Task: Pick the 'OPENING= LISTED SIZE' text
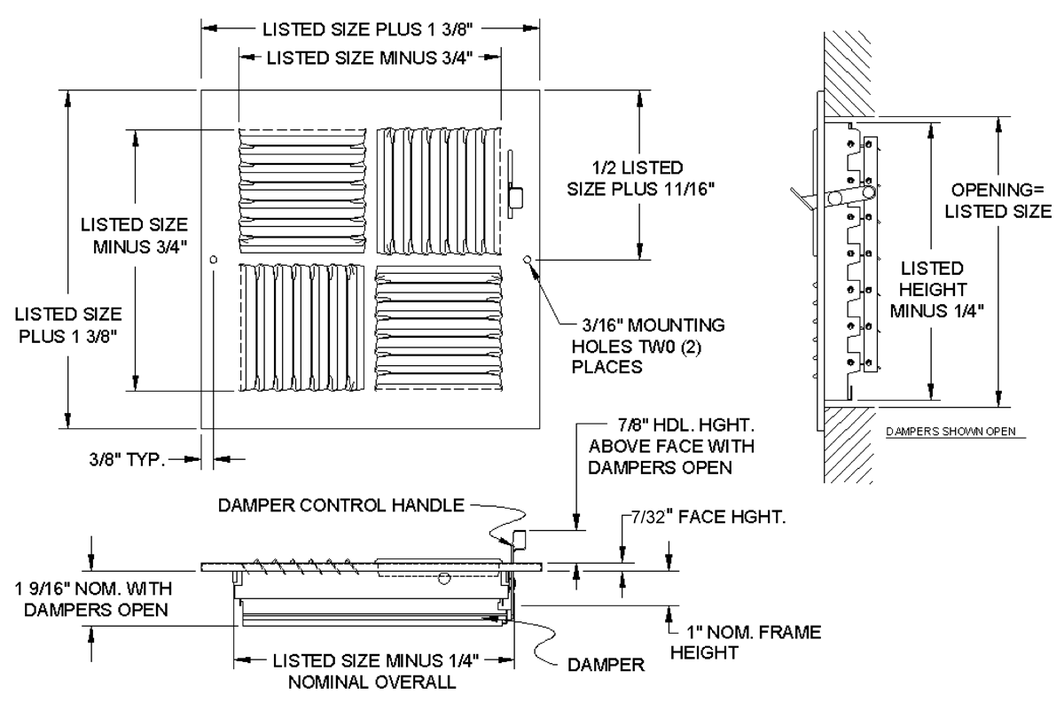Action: (x=1001, y=200)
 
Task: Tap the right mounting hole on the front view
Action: (x=528, y=260)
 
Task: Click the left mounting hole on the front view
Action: (x=214, y=260)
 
